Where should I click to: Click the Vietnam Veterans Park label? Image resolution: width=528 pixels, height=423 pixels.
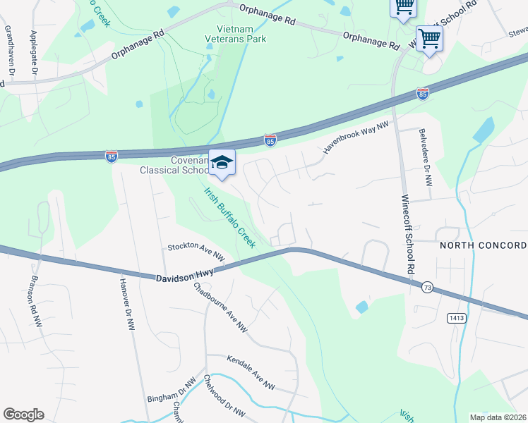click(x=236, y=33)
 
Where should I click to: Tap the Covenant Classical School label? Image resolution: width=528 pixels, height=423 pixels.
click(x=174, y=165)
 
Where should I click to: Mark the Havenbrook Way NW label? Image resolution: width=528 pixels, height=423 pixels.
click(x=356, y=137)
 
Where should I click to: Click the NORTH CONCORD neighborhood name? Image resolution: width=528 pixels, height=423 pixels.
click(x=483, y=245)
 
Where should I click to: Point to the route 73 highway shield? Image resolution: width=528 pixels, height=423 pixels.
click(x=428, y=287)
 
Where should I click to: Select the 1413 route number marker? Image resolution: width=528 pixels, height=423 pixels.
click(x=456, y=319)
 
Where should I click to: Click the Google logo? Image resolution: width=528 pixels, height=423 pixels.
click(x=23, y=415)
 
